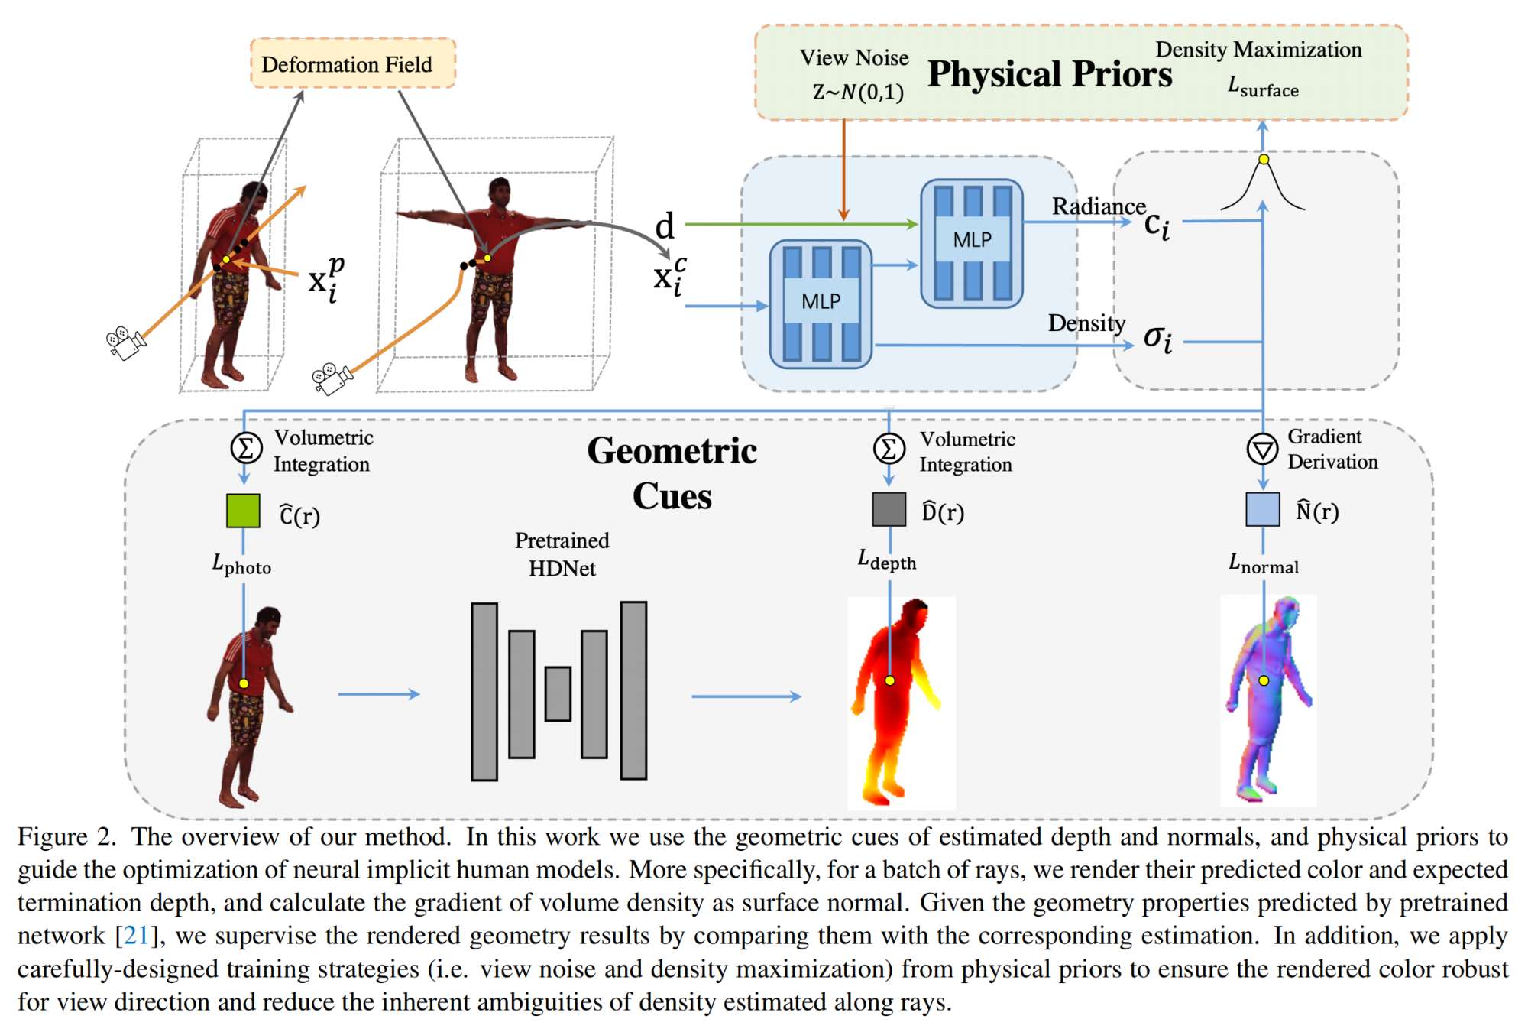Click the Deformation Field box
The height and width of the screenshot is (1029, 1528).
[352, 63]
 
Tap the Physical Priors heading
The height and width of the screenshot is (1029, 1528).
[1049, 75]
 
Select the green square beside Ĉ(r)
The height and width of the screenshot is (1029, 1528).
[243, 511]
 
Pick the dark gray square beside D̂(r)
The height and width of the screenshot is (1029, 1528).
[889, 509]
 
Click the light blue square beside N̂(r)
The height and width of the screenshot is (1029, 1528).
[1262, 509]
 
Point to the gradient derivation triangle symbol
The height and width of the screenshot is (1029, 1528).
[1262, 449]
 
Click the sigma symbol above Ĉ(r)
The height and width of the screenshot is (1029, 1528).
[246, 447]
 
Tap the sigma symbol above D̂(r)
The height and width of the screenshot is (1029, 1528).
[889, 449]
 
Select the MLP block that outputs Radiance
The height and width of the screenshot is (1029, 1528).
[972, 243]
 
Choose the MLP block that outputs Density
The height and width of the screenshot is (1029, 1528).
[821, 304]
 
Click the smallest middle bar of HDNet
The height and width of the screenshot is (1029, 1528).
[558, 693]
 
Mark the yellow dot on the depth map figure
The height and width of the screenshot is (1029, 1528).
[889, 680]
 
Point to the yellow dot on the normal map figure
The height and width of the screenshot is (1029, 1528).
[1264, 680]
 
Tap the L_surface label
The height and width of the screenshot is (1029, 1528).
[1263, 87]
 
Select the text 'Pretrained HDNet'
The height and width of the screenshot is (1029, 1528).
[562, 554]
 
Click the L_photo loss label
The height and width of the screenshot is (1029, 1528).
[241, 566]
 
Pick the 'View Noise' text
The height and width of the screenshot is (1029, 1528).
[854, 58]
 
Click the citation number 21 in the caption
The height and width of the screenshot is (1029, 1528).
[135, 936]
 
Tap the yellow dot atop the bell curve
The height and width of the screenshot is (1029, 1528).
[1264, 159]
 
